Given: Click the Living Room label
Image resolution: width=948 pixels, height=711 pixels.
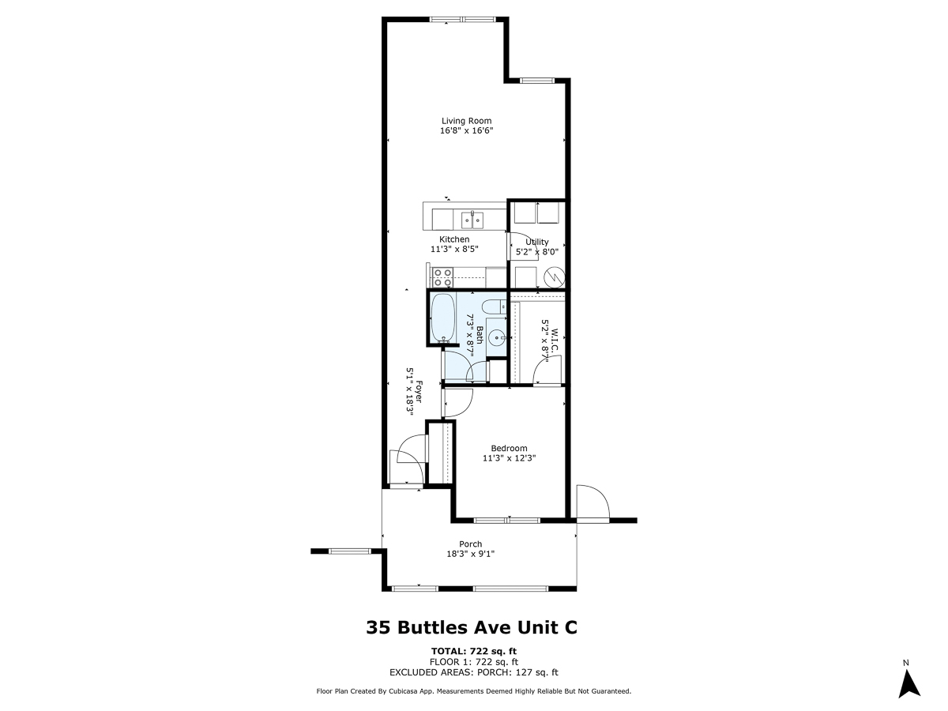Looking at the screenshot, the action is [x=466, y=121].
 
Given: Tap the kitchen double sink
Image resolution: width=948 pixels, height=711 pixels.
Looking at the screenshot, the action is [x=472, y=220].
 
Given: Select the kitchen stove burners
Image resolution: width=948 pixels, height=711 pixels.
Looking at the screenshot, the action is [x=442, y=277].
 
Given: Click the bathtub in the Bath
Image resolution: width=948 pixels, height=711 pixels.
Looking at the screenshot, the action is [x=443, y=318].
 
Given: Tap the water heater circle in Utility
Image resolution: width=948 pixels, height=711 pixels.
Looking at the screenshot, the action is [x=554, y=277].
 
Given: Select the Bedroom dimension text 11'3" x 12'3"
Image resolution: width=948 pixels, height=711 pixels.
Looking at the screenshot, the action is [x=509, y=458].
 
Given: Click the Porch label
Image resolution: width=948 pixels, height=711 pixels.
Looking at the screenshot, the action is [x=470, y=544].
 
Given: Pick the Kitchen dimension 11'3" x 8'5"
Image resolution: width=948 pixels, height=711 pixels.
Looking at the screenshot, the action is [x=454, y=249].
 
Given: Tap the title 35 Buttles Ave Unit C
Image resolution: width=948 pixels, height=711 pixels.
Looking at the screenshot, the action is [x=472, y=627].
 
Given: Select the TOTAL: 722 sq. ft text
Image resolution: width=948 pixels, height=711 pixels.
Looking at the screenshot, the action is [x=474, y=651].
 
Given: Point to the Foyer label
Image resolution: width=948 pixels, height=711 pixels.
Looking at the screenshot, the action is [x=419, y=392].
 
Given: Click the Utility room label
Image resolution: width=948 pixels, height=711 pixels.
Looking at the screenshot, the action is [x=537, y=242].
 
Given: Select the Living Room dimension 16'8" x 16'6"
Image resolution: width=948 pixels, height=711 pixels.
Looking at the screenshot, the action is [x=466, y=130].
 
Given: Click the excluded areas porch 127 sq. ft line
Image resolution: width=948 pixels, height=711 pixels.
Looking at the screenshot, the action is [x=474, y=672].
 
